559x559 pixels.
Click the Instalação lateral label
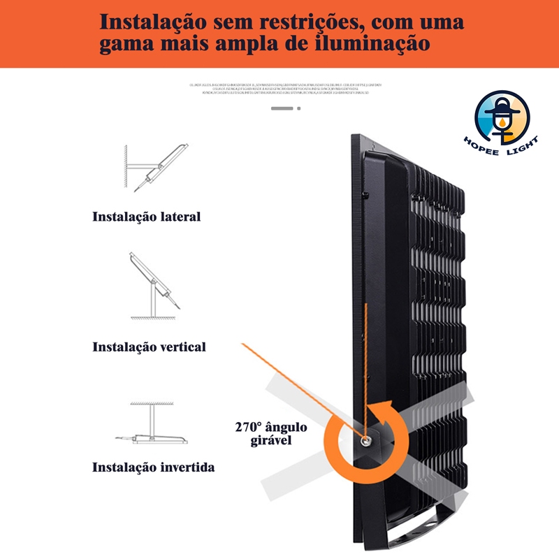tap(147, 217)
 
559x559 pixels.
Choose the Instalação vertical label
tap(150, 347)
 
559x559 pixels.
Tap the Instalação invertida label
tap(154, 467)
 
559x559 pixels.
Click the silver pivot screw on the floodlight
tap(365, 440)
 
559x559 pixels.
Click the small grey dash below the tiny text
tap(282, 108)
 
